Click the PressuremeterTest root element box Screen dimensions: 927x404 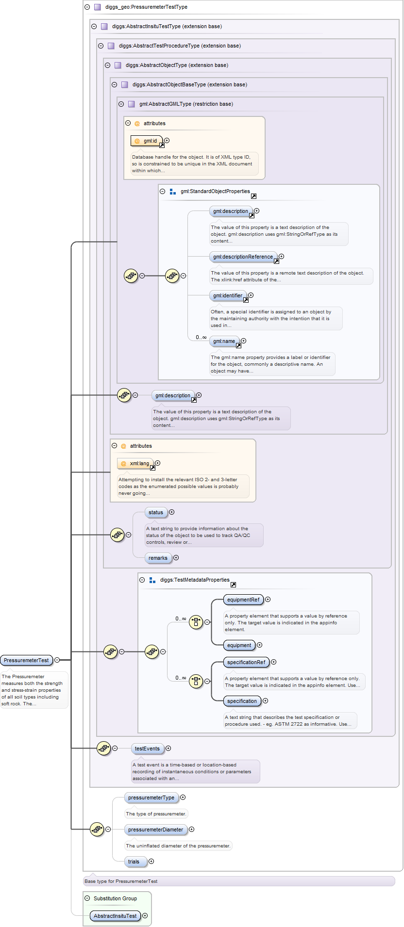point(26,660)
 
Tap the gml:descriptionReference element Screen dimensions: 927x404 point(243,257)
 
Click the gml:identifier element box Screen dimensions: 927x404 point(227,295)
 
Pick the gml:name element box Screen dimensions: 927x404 point(224,341)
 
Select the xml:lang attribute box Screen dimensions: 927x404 point(135,463)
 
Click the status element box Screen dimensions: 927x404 point(156,512)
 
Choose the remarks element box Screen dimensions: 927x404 point(158,558)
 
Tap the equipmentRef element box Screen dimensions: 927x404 point(243,600)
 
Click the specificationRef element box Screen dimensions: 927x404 point(246,662)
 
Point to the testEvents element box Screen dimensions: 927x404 point(147,748)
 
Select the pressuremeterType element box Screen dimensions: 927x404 point(151,797)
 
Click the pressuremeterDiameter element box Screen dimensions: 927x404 point(155,829)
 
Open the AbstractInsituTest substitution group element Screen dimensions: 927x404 point(115,916)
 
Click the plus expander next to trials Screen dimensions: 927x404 point(151,862)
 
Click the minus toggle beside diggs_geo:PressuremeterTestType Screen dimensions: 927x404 point(87,7)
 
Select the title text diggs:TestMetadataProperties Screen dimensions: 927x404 point(195,580)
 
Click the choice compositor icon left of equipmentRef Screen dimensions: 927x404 point(196,622)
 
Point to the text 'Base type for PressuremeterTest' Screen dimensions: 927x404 point(121,881)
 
